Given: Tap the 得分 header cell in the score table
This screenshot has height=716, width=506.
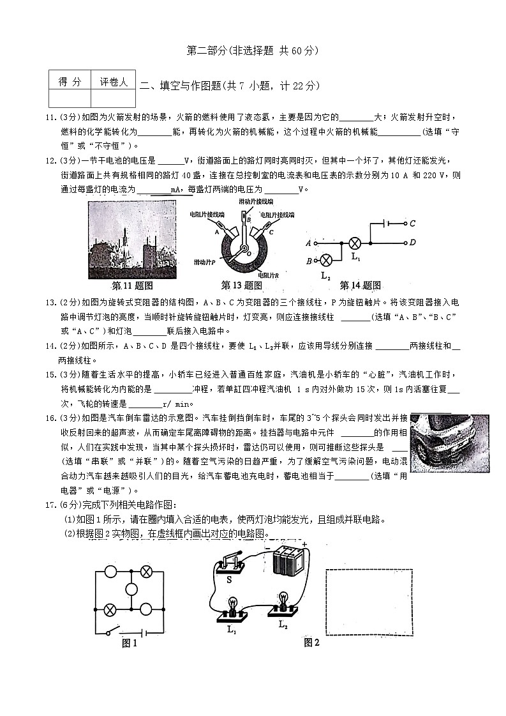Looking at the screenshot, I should pyautogui.click(x=70, y=81).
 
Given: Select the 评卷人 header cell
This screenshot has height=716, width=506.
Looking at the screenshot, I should pyautogui.click(x=114, y=81).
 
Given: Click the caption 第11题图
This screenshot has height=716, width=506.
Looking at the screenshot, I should pyautogui.click(x=132, y=285).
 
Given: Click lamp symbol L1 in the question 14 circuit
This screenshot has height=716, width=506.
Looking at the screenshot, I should pyautogui.click(x=355, y=243).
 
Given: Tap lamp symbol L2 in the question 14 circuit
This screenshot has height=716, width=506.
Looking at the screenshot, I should pyautogui.click(x=325, y=260).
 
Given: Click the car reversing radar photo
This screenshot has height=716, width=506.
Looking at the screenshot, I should pyautogui.click(x=449, y=443).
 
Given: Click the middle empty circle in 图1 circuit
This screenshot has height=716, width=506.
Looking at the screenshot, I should pyautogui.click(x=131, y=590).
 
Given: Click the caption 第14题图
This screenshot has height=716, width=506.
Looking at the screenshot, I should pyautogui.click(x=360, y=285).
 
